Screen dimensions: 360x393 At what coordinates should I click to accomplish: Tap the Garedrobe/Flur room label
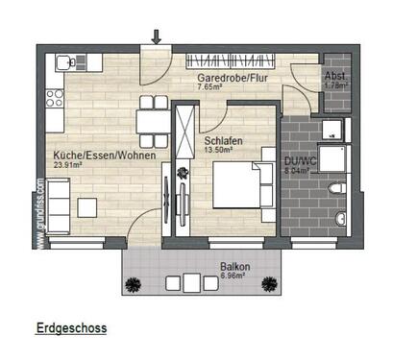[232, 76]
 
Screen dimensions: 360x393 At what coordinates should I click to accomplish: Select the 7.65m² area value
[210, 86]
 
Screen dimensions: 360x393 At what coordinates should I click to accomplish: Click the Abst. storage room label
[335, 76]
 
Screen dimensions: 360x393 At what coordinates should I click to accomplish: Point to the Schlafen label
[222, 141]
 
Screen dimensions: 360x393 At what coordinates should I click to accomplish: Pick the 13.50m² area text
[220, 151]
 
